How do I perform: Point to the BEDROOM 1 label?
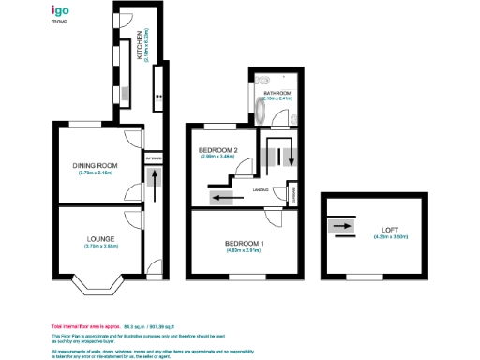(244, 243)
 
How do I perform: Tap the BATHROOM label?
(277, 94)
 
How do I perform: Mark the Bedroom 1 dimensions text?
(244, 250)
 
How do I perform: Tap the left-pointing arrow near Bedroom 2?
(221, 198)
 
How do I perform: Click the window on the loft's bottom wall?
(359, 277)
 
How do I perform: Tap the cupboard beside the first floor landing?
(293, 195)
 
